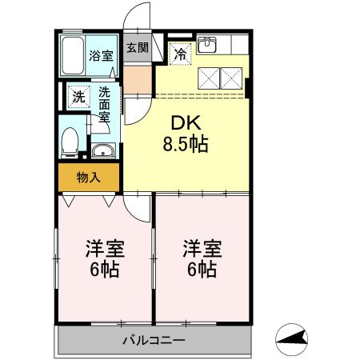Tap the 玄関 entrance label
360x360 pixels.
pyautogui.click(x=137, y=47)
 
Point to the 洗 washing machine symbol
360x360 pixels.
pyautogui.click(x=78, y=96)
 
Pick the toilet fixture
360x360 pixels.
pyautogui.click(x=70, y=140)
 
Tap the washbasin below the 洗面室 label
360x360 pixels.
pyautogui.click(x=102, y=151)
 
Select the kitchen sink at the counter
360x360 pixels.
pyautogui.click(x=208, y=45)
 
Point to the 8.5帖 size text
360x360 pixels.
pyautogui.click(x=186, y=145)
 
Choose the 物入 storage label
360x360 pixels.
pyautogui.click(x=88, y=178)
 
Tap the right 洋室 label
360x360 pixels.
pyautogui.click(x=200, y=249)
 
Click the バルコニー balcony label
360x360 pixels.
pyautogui.click(x=154, y=341)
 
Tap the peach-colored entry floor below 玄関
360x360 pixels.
pyautogui.click(x=137, y=78)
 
